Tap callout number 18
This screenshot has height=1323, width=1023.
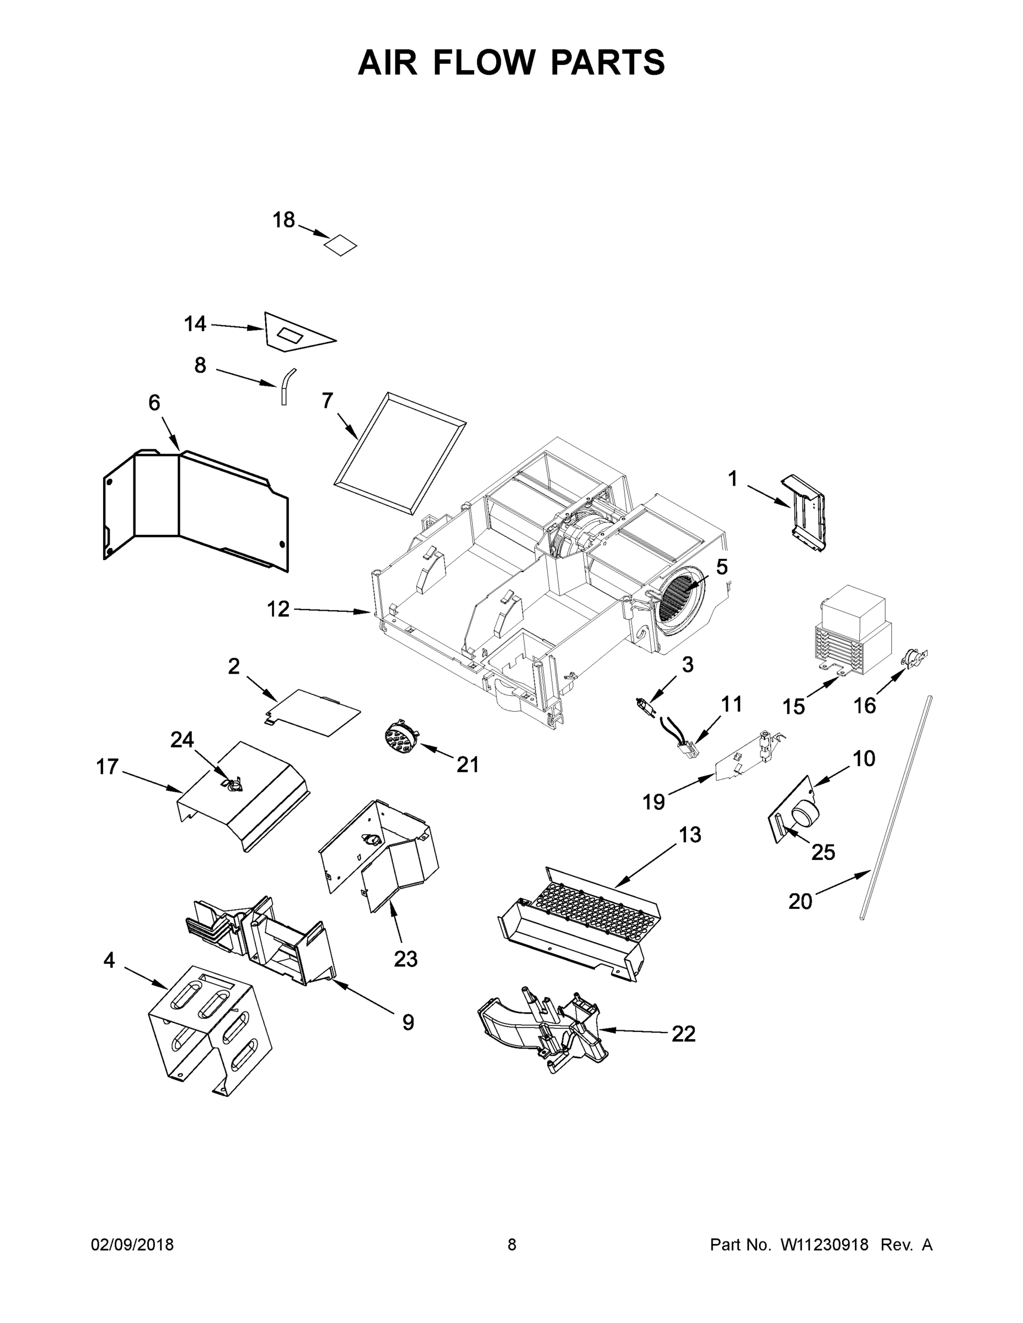283,220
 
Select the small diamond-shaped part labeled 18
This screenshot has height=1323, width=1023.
340,245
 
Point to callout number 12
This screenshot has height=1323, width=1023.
278,609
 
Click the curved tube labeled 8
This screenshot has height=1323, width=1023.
286,385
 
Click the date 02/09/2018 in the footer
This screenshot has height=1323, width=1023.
132,1244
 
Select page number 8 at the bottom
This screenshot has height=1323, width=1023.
512,1244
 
